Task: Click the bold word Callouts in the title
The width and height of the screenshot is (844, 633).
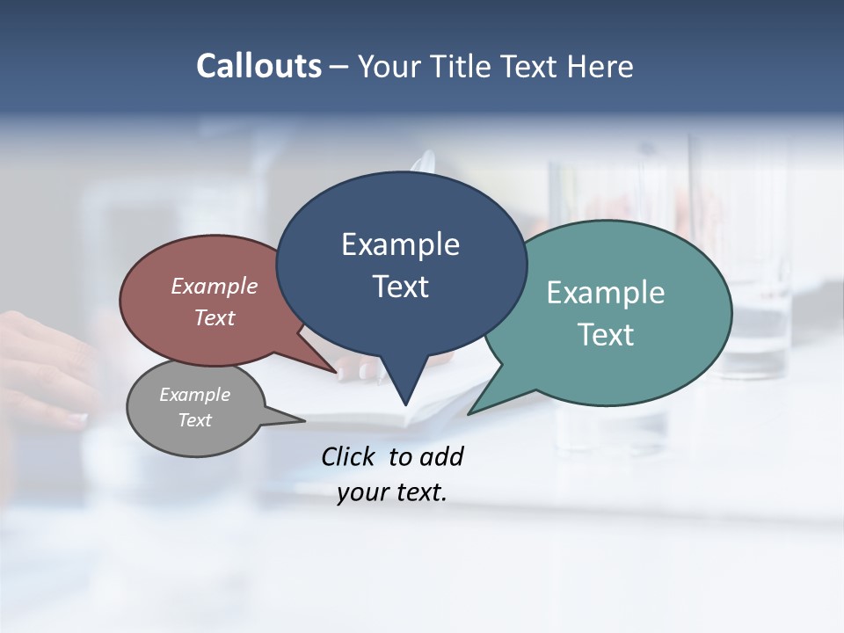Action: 258,66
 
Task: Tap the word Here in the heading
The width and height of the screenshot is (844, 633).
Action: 600,67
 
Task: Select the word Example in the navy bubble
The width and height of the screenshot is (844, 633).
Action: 400,244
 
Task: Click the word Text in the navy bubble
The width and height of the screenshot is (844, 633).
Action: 400,287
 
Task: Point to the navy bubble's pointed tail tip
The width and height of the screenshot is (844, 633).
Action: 405,404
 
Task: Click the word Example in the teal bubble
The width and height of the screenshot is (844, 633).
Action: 606,293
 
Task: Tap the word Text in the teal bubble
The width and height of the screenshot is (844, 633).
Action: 606,335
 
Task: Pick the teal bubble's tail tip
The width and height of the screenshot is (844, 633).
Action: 469,413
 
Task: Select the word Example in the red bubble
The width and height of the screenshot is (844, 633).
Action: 215,286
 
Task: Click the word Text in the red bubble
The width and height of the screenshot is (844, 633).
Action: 215,317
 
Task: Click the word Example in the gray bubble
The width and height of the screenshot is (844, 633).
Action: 194,395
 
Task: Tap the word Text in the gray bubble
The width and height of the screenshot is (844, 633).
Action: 194,420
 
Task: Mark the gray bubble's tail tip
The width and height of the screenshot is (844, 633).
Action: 304,420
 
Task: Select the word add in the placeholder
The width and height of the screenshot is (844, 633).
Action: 441,456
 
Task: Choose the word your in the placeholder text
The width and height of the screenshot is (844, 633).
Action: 360,492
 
